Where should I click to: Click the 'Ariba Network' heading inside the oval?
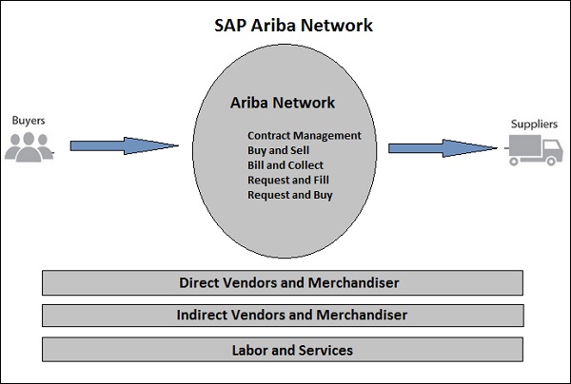coord(284,103)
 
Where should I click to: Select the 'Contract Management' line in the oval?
coord(304,135)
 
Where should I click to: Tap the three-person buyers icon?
coord(30,145)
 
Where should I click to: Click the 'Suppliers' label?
coord(534,124)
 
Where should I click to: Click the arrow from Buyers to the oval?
coord(124,145)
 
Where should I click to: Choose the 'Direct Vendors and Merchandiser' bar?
coord(283,282)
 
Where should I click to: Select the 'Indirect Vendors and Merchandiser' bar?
coord(283,315)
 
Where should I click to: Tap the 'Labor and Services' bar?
coord(283,350)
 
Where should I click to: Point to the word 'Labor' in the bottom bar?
coord(250,350)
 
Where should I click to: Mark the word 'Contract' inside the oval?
coord(270,135)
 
